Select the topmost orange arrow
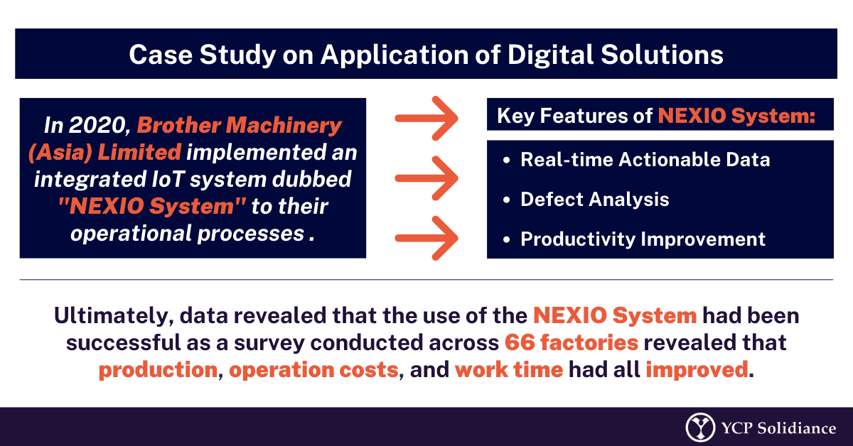(426, 119)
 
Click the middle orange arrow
(426, 178)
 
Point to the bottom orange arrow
(426, 238)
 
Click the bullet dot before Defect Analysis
(506, 200)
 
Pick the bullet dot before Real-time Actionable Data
(506, 160)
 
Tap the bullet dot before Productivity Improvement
(506, 240)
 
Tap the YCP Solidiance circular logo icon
(700, 428)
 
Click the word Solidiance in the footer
(797, 428)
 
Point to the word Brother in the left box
(179, 125)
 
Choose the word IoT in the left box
(168, 179)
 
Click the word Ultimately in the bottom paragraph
(114, 316)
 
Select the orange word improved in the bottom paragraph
(697, 370)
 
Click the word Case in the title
(161, 55)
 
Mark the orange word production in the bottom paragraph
(158, 370)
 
